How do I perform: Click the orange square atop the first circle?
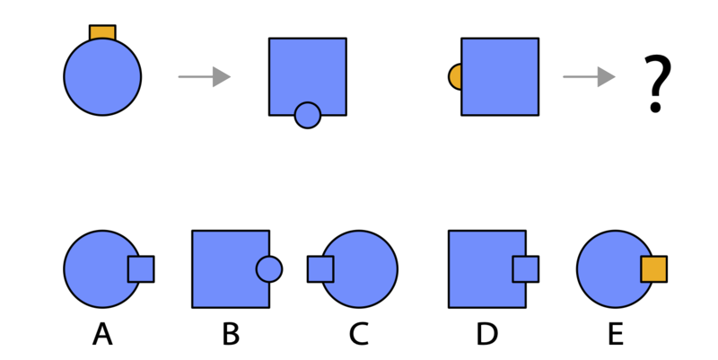pos(102,33)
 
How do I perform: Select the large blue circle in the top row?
pos(102,77)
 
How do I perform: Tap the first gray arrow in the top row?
pos(205,77)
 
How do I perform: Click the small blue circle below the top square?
pos(308,116)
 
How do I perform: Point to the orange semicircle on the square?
pos(455,77)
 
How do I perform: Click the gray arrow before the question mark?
pos(589,77)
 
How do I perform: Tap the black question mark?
pos(657,83)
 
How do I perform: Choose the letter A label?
pos(102,333)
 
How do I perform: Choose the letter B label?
pos(231,333)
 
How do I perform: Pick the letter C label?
pos(358,333)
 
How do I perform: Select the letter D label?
pos(486,333)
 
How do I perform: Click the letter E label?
pos(616,333)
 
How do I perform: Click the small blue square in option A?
pos(141,269)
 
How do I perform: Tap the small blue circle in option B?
pos(269,269)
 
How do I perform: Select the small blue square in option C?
pos(320,269)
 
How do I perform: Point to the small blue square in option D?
pos(526,269)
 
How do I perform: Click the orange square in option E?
pos(654,269)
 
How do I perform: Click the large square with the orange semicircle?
pos(500,77)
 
